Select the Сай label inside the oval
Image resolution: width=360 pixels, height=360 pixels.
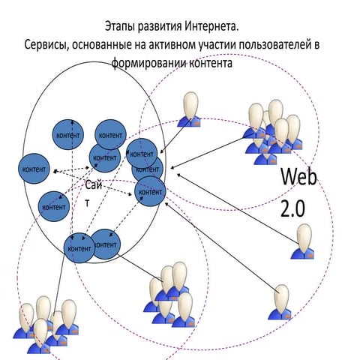click(x=93, y=184)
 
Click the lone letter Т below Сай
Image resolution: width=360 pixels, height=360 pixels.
click(x=87, y=202)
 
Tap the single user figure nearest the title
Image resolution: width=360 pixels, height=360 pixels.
click(x=189, y=110)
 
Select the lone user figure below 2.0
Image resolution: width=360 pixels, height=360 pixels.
click(x=303, y=242)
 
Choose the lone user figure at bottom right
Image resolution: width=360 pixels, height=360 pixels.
click(x=280, y=302)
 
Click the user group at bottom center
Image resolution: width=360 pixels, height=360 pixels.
click(x=169, y=294)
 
